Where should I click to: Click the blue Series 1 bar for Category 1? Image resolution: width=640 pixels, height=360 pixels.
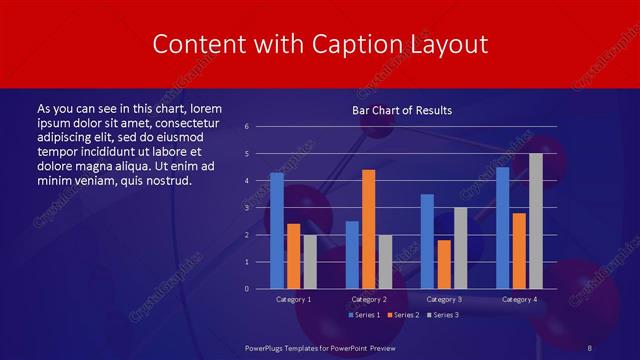277,231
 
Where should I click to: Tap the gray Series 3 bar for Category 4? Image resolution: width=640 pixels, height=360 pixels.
536,221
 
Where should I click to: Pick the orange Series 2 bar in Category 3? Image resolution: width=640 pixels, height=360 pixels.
444,264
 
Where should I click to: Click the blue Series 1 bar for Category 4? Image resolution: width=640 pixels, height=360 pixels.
503,228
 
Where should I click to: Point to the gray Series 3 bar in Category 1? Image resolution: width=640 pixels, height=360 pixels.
310,262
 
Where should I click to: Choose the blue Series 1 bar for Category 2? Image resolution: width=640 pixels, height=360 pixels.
352,255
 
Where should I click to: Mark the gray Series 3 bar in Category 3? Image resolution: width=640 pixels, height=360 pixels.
461,248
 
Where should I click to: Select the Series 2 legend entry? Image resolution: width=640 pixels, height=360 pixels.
402,315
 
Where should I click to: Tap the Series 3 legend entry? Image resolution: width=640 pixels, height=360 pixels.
442,315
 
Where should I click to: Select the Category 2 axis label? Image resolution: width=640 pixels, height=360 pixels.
368,299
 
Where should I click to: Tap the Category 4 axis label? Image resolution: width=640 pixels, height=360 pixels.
519,299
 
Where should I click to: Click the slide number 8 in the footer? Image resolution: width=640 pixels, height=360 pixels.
589,347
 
